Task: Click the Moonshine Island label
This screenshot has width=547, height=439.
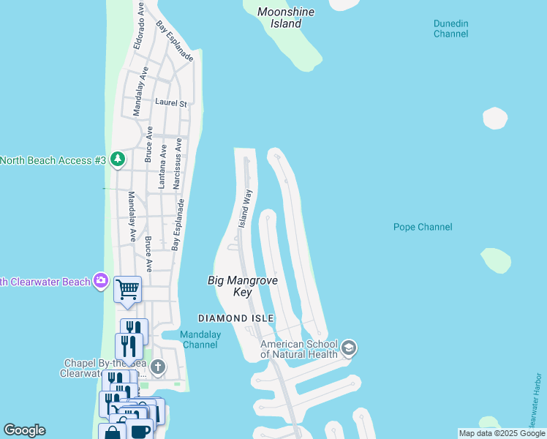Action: [x=279, y=18]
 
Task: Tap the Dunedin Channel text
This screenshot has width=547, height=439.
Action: [x=450, y=29]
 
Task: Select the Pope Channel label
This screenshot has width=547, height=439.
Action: [x=423, y=227]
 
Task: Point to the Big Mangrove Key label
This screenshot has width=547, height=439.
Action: [x=243, y=286]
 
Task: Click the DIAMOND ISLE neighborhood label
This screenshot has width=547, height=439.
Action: [x=236, y=318]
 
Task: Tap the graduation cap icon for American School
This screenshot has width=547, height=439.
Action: [x=349, y=348]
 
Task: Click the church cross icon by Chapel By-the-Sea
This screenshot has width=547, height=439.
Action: [x=157, y=367]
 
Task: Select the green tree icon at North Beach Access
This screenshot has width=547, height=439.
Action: [x=117, y=160]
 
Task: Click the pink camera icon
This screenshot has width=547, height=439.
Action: [x=101, y=281]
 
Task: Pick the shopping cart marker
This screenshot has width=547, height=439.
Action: [x=127, y=289]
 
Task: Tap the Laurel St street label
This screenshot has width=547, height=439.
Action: [x=171, y=104]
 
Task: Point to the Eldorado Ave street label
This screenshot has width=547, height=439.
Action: [x=137, y=27]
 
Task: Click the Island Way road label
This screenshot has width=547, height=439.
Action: [x=246, y=208]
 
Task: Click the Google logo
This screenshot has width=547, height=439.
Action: [x=24, y=430]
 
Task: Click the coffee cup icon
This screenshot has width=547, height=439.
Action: [x=139, y=430]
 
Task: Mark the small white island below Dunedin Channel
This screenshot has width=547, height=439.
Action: [x=495, y=118]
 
